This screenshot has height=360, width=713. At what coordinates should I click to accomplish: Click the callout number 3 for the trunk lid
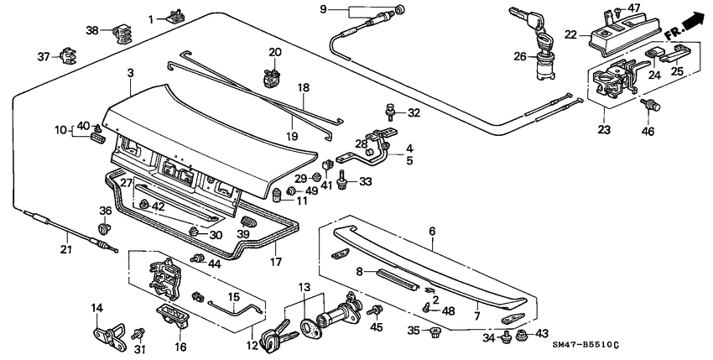[x=131, y=75]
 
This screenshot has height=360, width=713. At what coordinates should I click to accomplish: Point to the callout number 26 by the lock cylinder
[x=521, y=57]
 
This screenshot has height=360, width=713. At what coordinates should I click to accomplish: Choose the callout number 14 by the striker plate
[x=96, y=308]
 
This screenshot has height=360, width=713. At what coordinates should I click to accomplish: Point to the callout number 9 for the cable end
[x=323, y=9]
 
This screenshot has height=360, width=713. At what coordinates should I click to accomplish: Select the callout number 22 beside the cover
[x=570, y=34]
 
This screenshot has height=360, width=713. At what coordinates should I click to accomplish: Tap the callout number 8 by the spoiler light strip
[x=360, y=271]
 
